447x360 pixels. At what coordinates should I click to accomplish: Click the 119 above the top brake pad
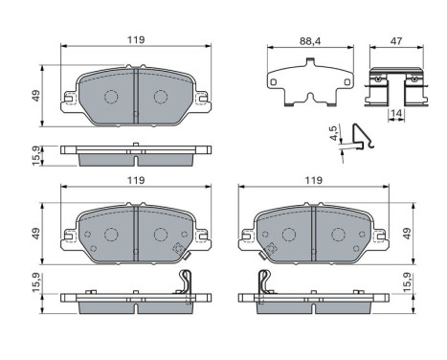tap(135, 39)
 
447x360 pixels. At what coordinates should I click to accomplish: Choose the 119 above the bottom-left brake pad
tap(135, 180)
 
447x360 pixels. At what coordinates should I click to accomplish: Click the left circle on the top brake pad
tap(110, 97)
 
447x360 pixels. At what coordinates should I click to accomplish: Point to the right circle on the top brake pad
tap(161, 97)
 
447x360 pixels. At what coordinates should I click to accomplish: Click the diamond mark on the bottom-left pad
tap(178, 250)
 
